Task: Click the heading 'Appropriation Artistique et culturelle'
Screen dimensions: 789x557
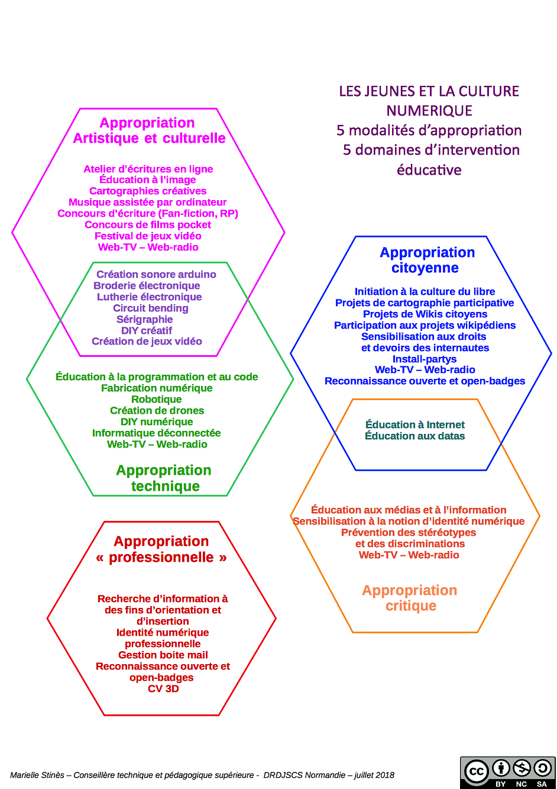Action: click(148, 130)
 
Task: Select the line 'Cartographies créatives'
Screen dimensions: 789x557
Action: click(148, 191)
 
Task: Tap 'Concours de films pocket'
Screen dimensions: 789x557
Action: click(148, 225)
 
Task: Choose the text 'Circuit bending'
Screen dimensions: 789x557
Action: click(151, 308)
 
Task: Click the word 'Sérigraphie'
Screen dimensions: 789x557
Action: click(145, 320)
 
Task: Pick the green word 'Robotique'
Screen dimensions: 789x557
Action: click(157, 400)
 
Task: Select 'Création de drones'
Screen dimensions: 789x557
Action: click(157, 411)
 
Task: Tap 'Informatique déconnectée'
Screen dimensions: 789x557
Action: click(157, 433)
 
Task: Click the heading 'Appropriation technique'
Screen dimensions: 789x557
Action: click(164, 478)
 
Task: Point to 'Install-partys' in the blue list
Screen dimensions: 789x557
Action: click(425, 359)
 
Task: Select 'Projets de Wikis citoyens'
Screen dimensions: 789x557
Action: click(425, 314)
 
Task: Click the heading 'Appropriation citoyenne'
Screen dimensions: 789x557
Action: click(427, 260)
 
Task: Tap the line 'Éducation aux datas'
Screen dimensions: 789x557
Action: click(415, 436)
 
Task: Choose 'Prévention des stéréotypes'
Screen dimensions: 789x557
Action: click(409, 533)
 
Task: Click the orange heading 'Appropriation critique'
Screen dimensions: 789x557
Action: click(410, 598)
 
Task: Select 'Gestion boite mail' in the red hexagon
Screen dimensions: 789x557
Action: click(163, 655)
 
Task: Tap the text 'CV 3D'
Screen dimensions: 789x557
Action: click(163, 689)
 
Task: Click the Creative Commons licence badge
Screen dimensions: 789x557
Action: click(507, 772)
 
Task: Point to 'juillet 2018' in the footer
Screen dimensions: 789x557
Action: click(374, 775)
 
